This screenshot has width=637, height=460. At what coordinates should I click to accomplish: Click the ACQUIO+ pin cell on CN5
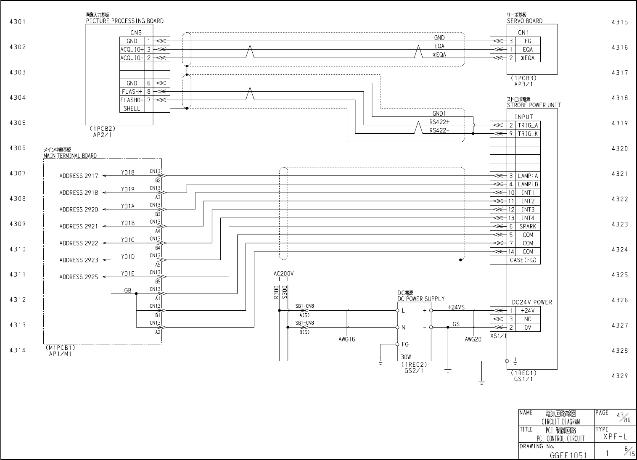(x=132, y=50)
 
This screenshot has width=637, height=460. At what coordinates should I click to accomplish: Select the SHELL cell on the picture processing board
(x=132, y=108)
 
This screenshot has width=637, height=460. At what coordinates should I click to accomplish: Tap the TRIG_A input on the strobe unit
(x=528, y=125)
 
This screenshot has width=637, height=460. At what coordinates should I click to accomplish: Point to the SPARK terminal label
(x=528, y=226)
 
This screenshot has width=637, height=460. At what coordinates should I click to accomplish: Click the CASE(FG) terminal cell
(x=523, y=260)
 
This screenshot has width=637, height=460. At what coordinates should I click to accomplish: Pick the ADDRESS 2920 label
(x=78, y=209)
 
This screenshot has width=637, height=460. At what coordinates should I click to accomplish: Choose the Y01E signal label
(x=128, y=274)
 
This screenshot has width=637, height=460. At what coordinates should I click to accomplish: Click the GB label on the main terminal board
(x=127, y=291)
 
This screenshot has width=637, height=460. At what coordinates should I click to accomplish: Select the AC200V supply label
(x=283, y=274)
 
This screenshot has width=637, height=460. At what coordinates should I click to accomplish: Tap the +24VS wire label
(x=456, y=307)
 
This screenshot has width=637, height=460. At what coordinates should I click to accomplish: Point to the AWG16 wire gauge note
(x=346, y=339)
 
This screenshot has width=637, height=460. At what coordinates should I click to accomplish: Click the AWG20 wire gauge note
(x=473, y=339)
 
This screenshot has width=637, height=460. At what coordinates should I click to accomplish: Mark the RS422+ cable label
(x=439, y=122)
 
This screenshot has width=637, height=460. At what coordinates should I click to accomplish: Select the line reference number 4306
(x=18, y=148)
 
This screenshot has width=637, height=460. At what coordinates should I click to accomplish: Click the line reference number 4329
(x=619, y=375)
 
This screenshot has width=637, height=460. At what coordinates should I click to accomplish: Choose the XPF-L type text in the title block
(x=616, y=437)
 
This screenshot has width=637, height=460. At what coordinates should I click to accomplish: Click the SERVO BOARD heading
(x=524, y=21)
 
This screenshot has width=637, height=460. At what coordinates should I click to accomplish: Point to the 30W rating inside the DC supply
(x=406, y=357)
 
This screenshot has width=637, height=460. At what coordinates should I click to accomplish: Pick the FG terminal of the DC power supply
(x=405, y=344)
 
